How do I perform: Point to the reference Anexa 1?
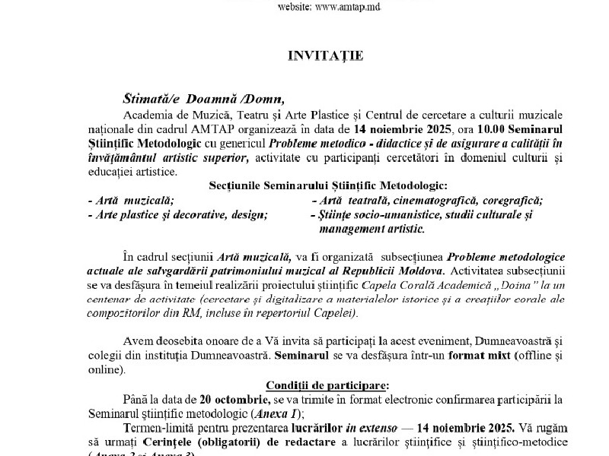278,413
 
